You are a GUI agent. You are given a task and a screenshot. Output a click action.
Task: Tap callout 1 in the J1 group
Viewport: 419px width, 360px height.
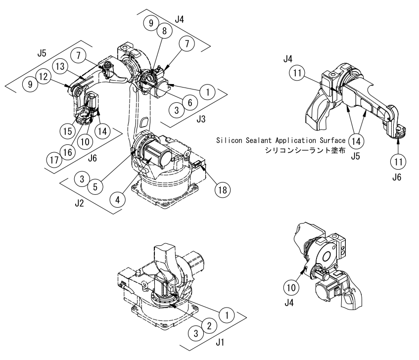point(227,314)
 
